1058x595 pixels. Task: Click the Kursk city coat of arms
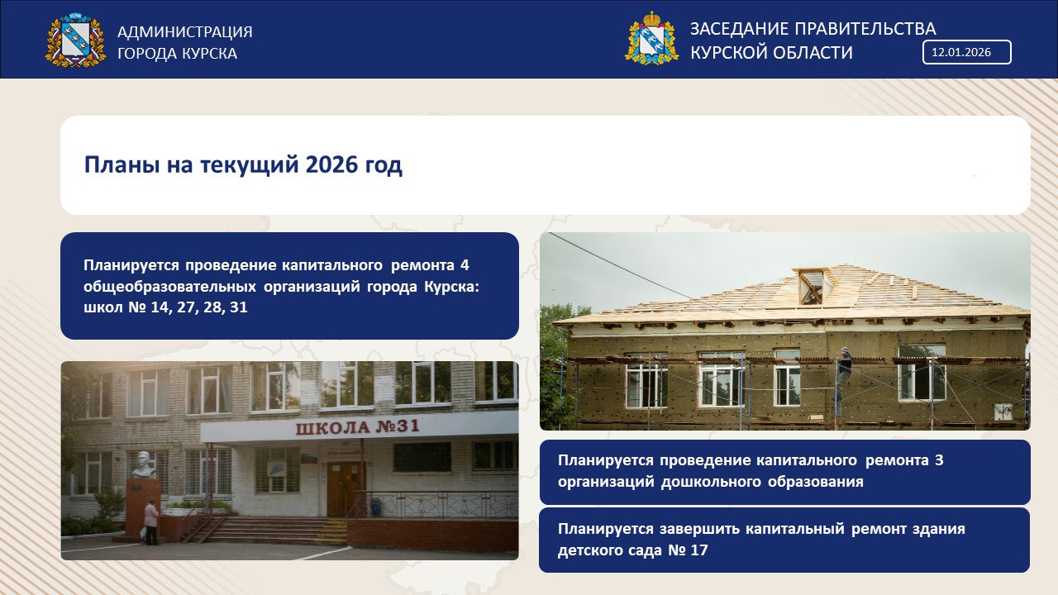[75, 40]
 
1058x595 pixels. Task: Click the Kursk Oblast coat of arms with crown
[652, 38]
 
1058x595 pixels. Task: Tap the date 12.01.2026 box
[967, 52]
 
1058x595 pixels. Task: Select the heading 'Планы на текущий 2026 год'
[243, 165]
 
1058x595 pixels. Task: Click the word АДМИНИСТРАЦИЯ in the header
[184, 31]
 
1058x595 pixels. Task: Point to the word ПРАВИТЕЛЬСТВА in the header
[865, 29]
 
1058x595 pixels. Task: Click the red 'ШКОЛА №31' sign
[358, 427]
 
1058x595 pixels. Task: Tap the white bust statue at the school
[144, 464]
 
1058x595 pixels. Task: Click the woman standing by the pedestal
[151, 522]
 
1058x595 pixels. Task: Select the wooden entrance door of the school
[345, 488]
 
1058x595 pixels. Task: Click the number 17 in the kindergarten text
[699, 550]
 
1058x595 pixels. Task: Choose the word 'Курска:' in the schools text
[451, 287]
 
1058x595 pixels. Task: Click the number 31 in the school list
[239, 307]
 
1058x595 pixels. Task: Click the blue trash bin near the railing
[375, 507]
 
